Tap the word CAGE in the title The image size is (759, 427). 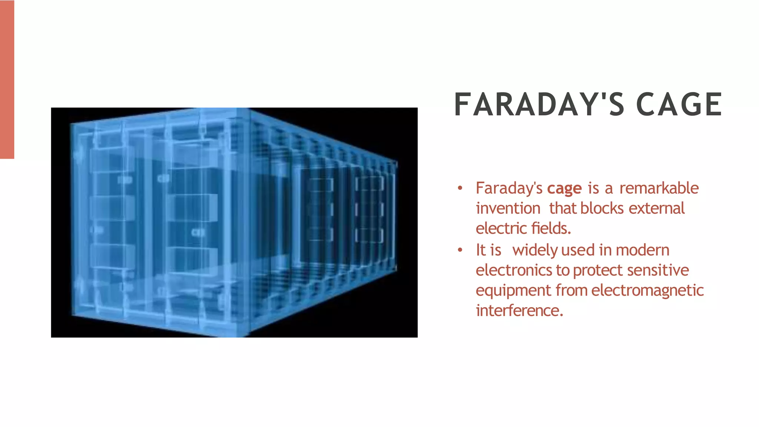click(x=679, y=105)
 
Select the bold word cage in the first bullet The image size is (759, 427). click(x=564, y=189)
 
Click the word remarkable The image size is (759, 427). click(x=659, y=188)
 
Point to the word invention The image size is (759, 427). click(x=508, y=208)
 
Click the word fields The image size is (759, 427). click(x=551, y=229)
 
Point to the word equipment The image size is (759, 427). click(x=513, y=291)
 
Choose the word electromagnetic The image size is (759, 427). click(x=647, y=290)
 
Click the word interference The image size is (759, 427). click(x=519, y=311)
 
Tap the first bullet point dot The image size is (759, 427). click(x=460, y=188)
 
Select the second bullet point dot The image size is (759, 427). click(x=460, y=250)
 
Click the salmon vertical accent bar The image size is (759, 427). click(x=7, y=79)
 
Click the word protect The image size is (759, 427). click(x=597, y=271)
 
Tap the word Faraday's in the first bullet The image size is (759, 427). click(x=509, y=188)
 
